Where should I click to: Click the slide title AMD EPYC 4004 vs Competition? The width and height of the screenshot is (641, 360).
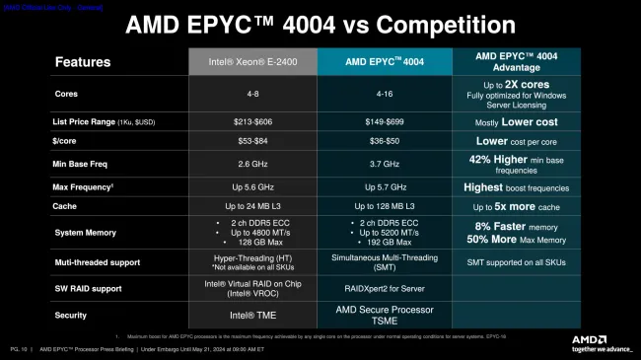point(320,25)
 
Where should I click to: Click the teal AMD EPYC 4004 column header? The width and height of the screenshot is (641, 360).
point(384,61)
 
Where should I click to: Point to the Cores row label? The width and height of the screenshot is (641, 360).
point(68,94)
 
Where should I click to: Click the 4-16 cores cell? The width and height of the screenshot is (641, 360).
point(384,94)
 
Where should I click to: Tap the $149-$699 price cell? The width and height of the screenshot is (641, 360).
point(384,122)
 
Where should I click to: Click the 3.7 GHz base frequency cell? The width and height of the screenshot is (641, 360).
point(384,164)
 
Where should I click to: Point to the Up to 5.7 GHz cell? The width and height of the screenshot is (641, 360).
point(384,186)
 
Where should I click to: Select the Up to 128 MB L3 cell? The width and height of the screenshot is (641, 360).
point(384,206)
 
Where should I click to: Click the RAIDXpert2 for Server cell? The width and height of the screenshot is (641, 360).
point(384,289)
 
